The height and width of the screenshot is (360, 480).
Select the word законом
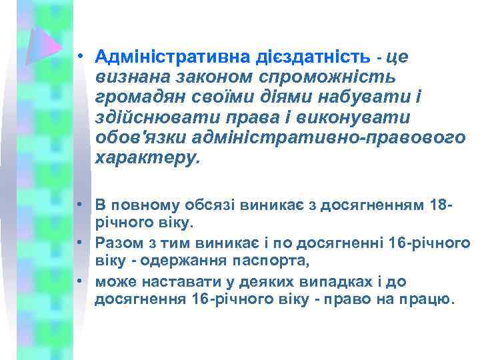pyautogui.click(x=191, y=78)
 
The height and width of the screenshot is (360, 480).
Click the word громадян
pyautogui.click(x=137, y=99)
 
